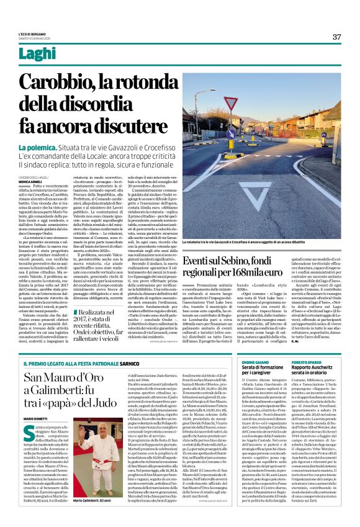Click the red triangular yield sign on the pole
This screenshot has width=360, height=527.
pyautogui.click(x=230, y=103)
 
